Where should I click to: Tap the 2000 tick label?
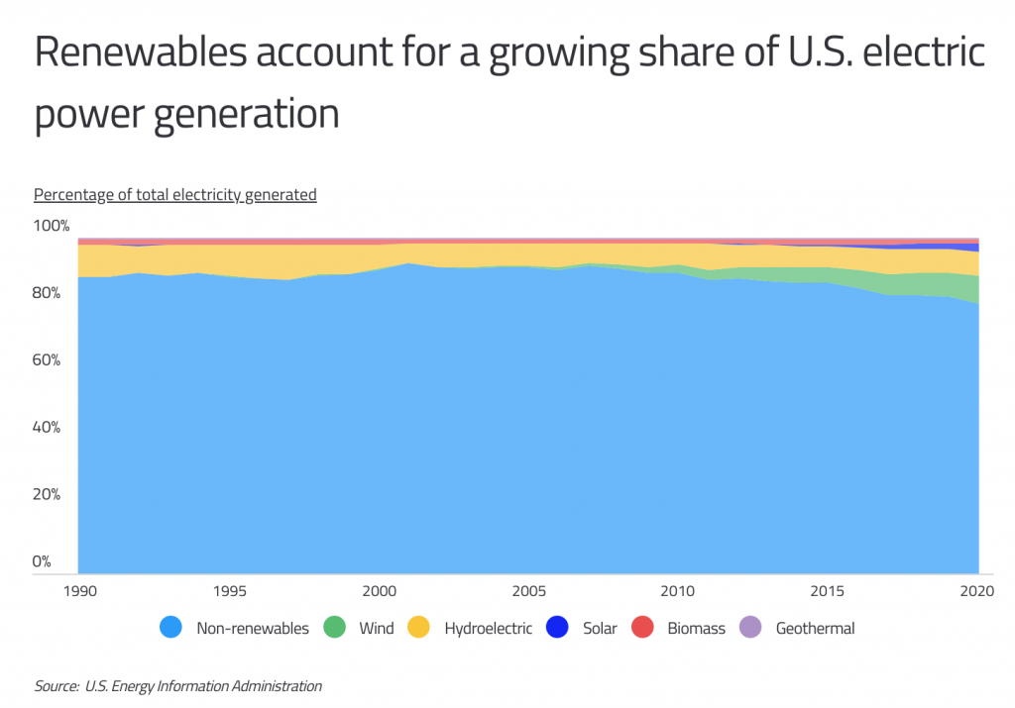[x=379, y=591]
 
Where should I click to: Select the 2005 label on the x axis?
[x=529, y=591]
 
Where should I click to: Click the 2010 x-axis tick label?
[x=678, y=591]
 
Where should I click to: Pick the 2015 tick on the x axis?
[x=829, y=591]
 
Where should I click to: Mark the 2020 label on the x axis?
[x=978, y=591]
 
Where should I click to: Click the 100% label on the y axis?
[x=52, y=227]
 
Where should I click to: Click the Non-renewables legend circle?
[x=169, y=628]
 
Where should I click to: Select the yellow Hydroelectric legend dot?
[x=417, y=628]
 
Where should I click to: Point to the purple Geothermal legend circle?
[x=749, y=628]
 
